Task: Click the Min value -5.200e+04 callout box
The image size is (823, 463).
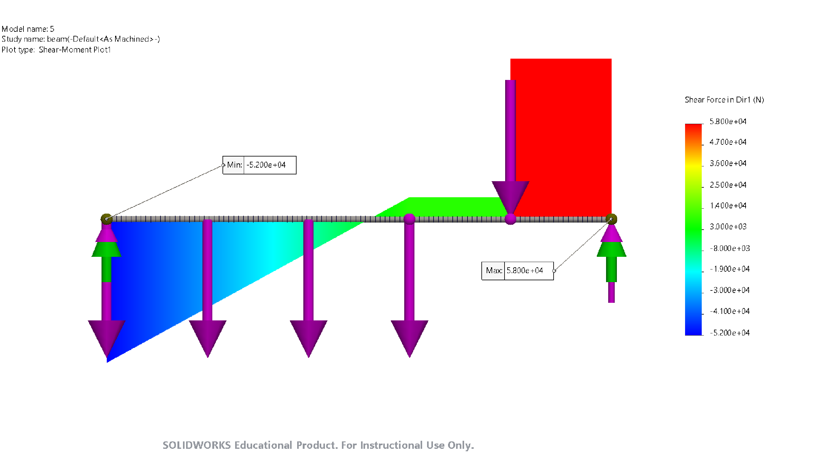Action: [x=259, y=165]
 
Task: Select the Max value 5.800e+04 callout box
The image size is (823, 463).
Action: [x=517, y=271]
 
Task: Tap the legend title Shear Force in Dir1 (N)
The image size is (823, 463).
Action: [x=724, y=100]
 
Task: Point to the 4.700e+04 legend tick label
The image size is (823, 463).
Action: [x=727, y=142]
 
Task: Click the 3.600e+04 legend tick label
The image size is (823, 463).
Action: [x=727, y=163]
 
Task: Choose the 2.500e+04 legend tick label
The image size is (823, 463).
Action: [x=727, y=185]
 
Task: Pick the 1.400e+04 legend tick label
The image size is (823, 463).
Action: [x=727, y=206]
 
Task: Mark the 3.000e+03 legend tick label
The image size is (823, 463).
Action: [x=727, y=227]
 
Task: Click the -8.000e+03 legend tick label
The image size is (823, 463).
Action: [x=729, y=248]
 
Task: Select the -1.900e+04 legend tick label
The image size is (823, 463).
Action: [x=729, y=269]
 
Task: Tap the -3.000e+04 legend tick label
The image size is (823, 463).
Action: [x=729, y=290]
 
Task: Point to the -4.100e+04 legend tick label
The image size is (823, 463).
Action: [x=729, y=311]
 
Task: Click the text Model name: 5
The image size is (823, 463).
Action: [x=28, y=29]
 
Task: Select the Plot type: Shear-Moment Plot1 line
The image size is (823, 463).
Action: [x=56, y=50]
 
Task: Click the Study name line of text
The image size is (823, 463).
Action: [x=81, y=39]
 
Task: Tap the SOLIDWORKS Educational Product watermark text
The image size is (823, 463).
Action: [x=318, y=445]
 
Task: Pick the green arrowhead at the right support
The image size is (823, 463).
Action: [x=611, y=249]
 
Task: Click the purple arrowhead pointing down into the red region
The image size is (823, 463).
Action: [x=510, y=195]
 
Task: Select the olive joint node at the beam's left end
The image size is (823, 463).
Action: [x=106, y=219]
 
